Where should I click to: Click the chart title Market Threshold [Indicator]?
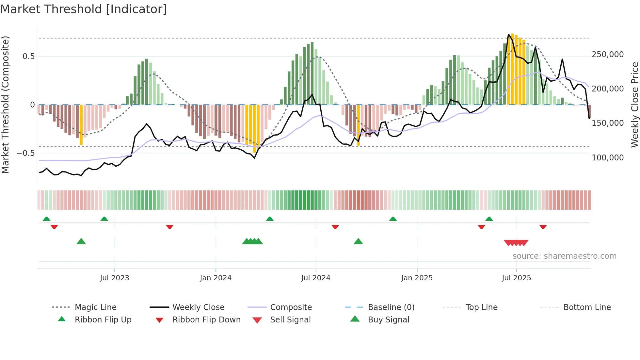click(84, 9)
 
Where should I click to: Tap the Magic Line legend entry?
click(95, 307)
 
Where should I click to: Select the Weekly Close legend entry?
click(198, 307)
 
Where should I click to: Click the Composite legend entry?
click(291, 307)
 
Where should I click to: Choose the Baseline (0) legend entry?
click(391, 307)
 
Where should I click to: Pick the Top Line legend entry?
click(481, 307)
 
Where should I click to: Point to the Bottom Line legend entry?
click(587, 307)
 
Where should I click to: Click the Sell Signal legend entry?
click(290, 320)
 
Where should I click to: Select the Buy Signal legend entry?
click(388, 320)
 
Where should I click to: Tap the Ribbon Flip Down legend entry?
click(206, 320)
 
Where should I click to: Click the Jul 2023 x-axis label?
click(115, 278)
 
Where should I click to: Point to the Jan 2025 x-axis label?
click(417, 278)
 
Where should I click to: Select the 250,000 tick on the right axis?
click(607, 55)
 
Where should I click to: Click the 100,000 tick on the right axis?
click(607, 158)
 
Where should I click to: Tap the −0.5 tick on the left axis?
click(26, 153)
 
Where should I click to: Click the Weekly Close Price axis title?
click(634, 105)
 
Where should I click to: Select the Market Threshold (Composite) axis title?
click(5, 105)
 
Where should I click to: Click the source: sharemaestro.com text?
click(564, 256)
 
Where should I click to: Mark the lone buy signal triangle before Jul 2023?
click(81, 241)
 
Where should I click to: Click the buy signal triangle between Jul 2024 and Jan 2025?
click(358, 241)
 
